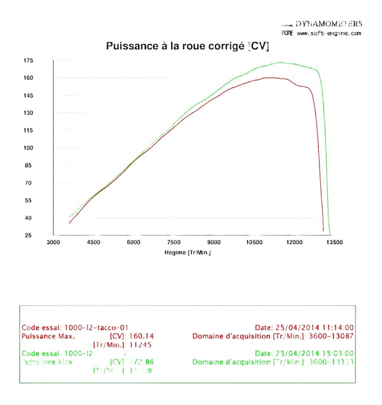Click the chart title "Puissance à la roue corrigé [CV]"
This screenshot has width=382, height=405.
coord(188,46)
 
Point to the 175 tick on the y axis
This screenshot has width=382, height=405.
coord(29,60)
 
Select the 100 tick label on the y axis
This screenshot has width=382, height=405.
coord(29,148)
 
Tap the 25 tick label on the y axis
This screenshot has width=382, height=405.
coord(29,235)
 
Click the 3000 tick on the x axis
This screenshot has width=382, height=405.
coord(53,242)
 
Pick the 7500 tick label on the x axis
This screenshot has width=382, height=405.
coord(174,242)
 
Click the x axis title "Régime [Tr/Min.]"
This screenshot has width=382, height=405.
coord(188,253)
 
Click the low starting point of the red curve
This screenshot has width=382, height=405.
coord(69,223)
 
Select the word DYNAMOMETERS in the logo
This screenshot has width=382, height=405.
coord(328,24)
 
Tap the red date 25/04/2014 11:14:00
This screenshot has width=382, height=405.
coord(321,327)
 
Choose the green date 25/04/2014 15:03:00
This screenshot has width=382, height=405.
coord(321,353)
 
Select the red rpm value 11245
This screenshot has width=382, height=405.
coord(141,345)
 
